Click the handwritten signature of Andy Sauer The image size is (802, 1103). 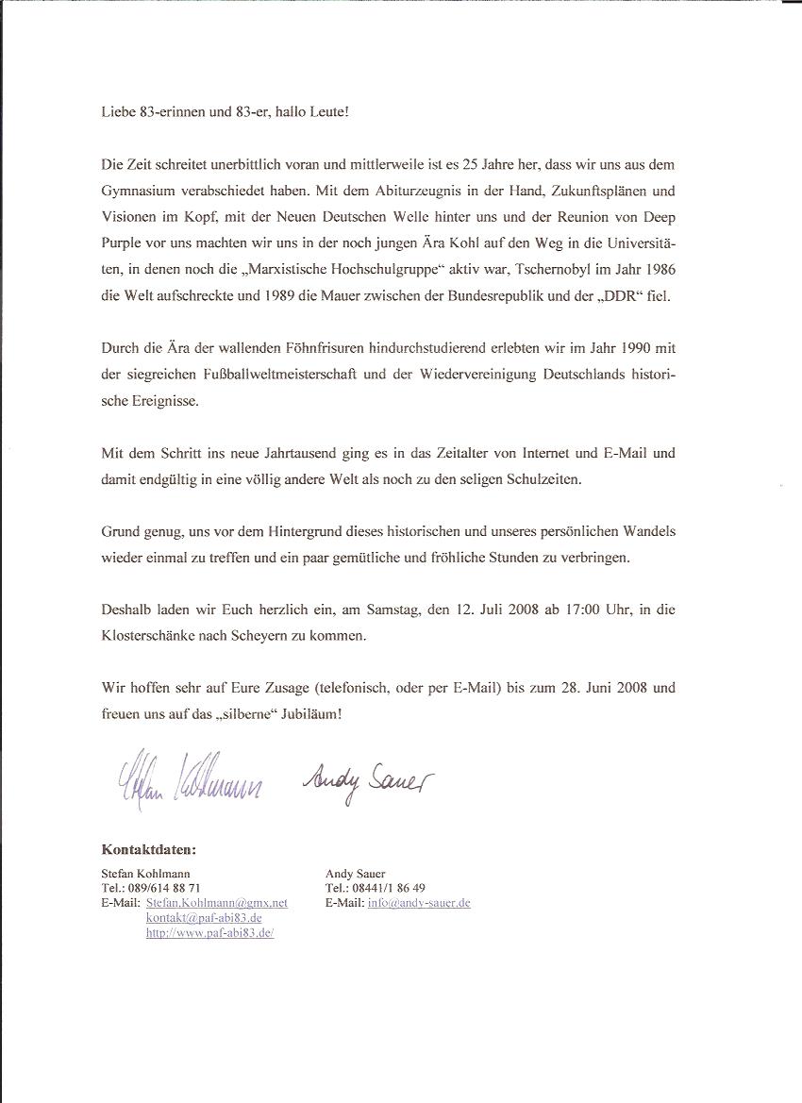367,778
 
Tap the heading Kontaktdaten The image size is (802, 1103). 148,849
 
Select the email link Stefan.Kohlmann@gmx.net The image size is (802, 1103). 217,903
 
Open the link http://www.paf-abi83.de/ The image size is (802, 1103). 209,932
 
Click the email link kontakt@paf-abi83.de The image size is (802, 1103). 204,917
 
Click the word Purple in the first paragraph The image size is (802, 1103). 124,243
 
